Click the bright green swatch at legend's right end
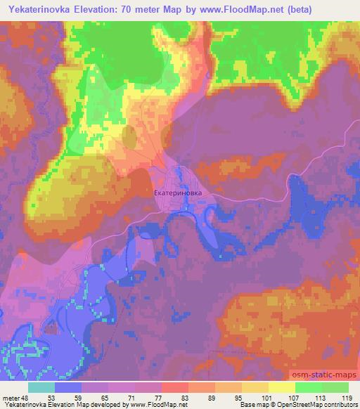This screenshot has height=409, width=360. pos(335,387)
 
